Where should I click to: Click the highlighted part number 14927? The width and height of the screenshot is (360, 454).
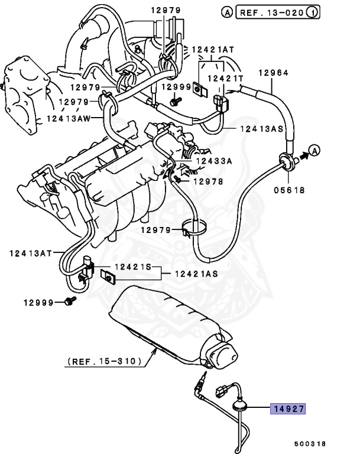click(x=288, y=408)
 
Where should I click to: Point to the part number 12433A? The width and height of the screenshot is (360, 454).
click(x=215, y=160)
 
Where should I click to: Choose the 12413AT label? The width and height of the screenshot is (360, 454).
click(x=28, y=254)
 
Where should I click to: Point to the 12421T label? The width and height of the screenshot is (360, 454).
click(x=226, y=78)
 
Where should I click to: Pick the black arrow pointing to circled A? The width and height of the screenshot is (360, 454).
click(x=303, y=155)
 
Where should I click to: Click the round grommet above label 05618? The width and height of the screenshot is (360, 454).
click(x=286, y=161)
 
